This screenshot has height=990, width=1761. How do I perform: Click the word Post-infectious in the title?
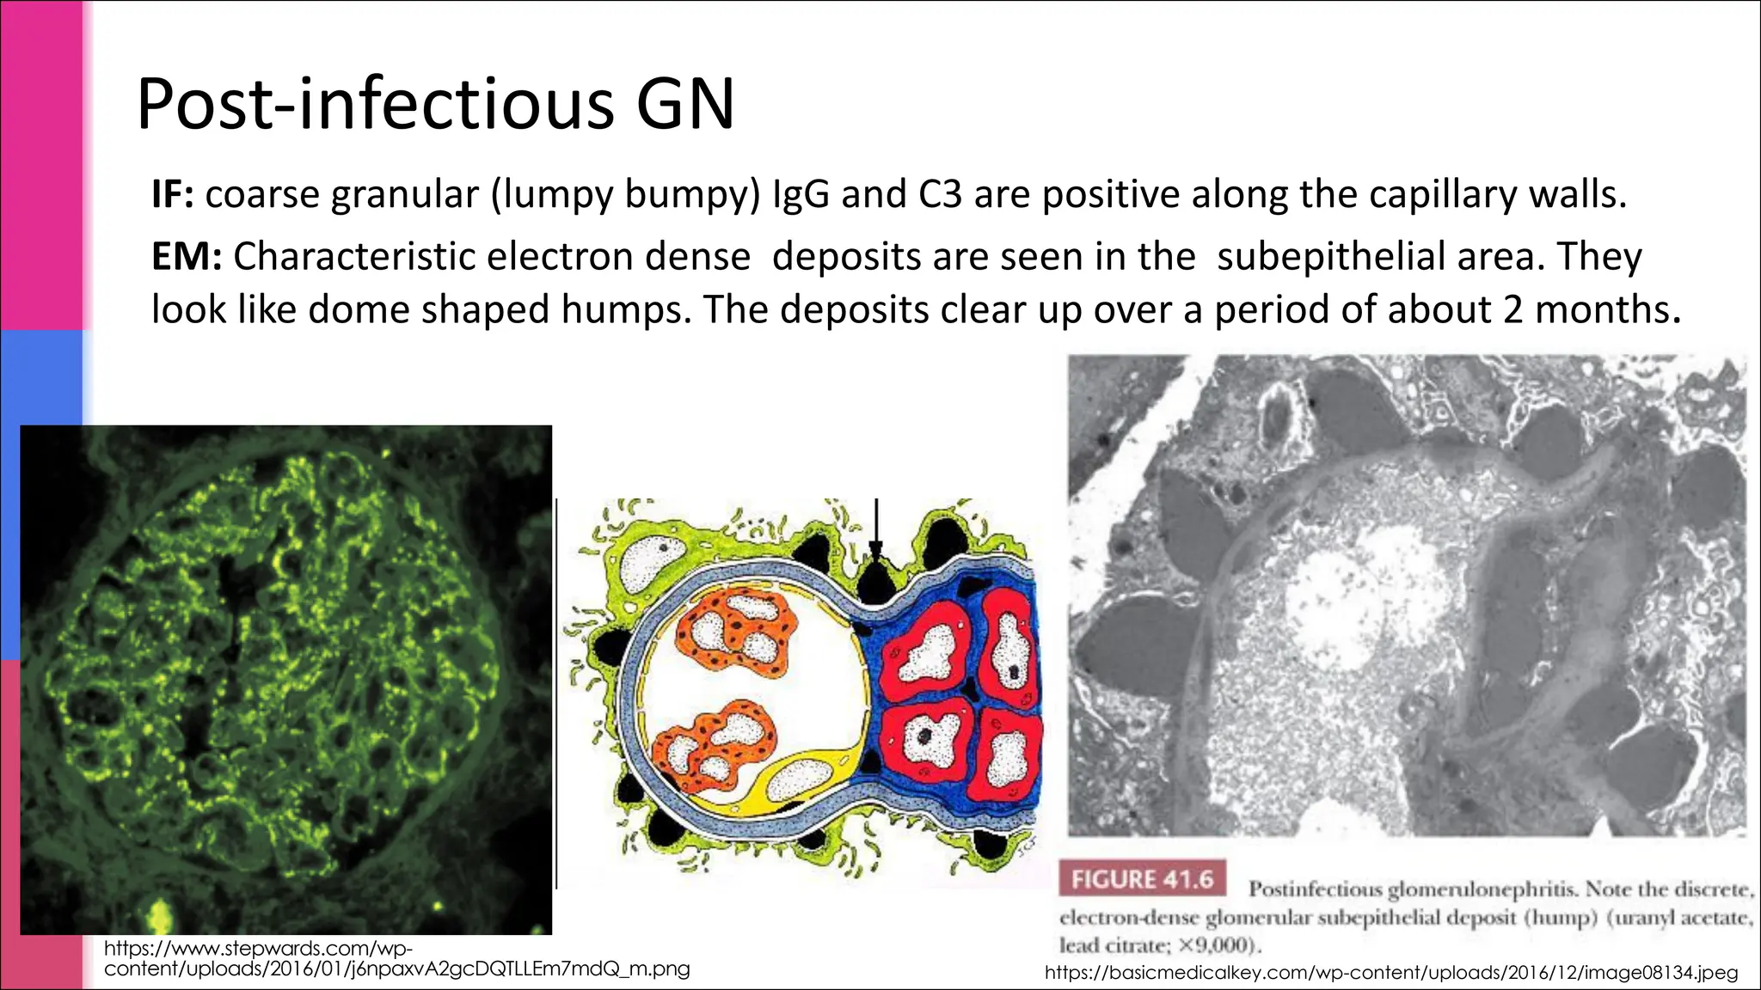point(375,105)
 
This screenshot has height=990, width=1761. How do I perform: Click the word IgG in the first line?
point(801,195)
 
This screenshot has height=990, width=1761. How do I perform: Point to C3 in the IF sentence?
point(940,195)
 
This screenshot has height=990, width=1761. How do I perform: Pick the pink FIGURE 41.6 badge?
point(1142,880)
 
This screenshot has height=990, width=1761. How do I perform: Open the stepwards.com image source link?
point(396,959)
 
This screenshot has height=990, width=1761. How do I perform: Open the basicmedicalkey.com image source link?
point(1390,973)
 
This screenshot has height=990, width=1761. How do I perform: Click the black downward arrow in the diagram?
point(875,529)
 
